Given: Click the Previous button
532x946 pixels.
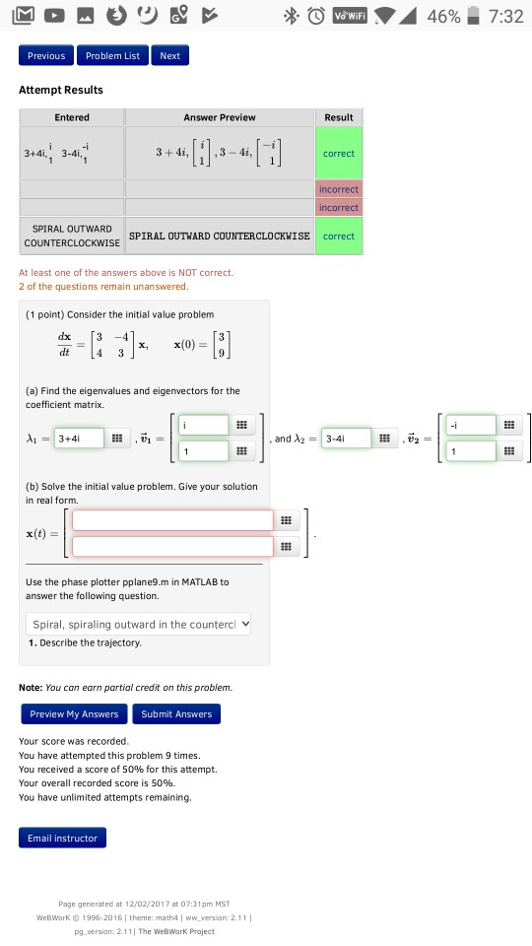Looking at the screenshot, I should (x=46, y=56).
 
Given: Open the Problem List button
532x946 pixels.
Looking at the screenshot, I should (x=112, y=56).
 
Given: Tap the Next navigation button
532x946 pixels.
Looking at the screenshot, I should (x=170, y=56).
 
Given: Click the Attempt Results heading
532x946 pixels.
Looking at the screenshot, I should (x=61, y=90).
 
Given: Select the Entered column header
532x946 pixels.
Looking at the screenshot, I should (x=72, y=117).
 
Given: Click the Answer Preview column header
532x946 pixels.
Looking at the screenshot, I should (x=219, y=117).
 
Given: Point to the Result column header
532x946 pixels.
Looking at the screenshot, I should (x=338, y=117).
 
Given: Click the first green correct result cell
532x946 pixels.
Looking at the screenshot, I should (x=338, y=153).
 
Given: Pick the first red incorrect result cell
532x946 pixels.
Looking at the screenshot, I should (x=338, y=188).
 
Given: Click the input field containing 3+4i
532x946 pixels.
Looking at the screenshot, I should (x=78, y=439).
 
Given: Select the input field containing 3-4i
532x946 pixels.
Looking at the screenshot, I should (x=345, y=439).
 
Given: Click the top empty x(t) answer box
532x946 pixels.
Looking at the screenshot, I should (x=171, y=520).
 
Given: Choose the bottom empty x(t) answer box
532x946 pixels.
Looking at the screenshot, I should (x=171, y=545).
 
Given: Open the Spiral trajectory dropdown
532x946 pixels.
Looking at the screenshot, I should (x=139, y=624).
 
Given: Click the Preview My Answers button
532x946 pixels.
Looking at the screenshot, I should (x=74, y=713).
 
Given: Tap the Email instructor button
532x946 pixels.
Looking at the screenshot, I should (x=62, y=838).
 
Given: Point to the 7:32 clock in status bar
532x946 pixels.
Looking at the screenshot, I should (x=505, y=17).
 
